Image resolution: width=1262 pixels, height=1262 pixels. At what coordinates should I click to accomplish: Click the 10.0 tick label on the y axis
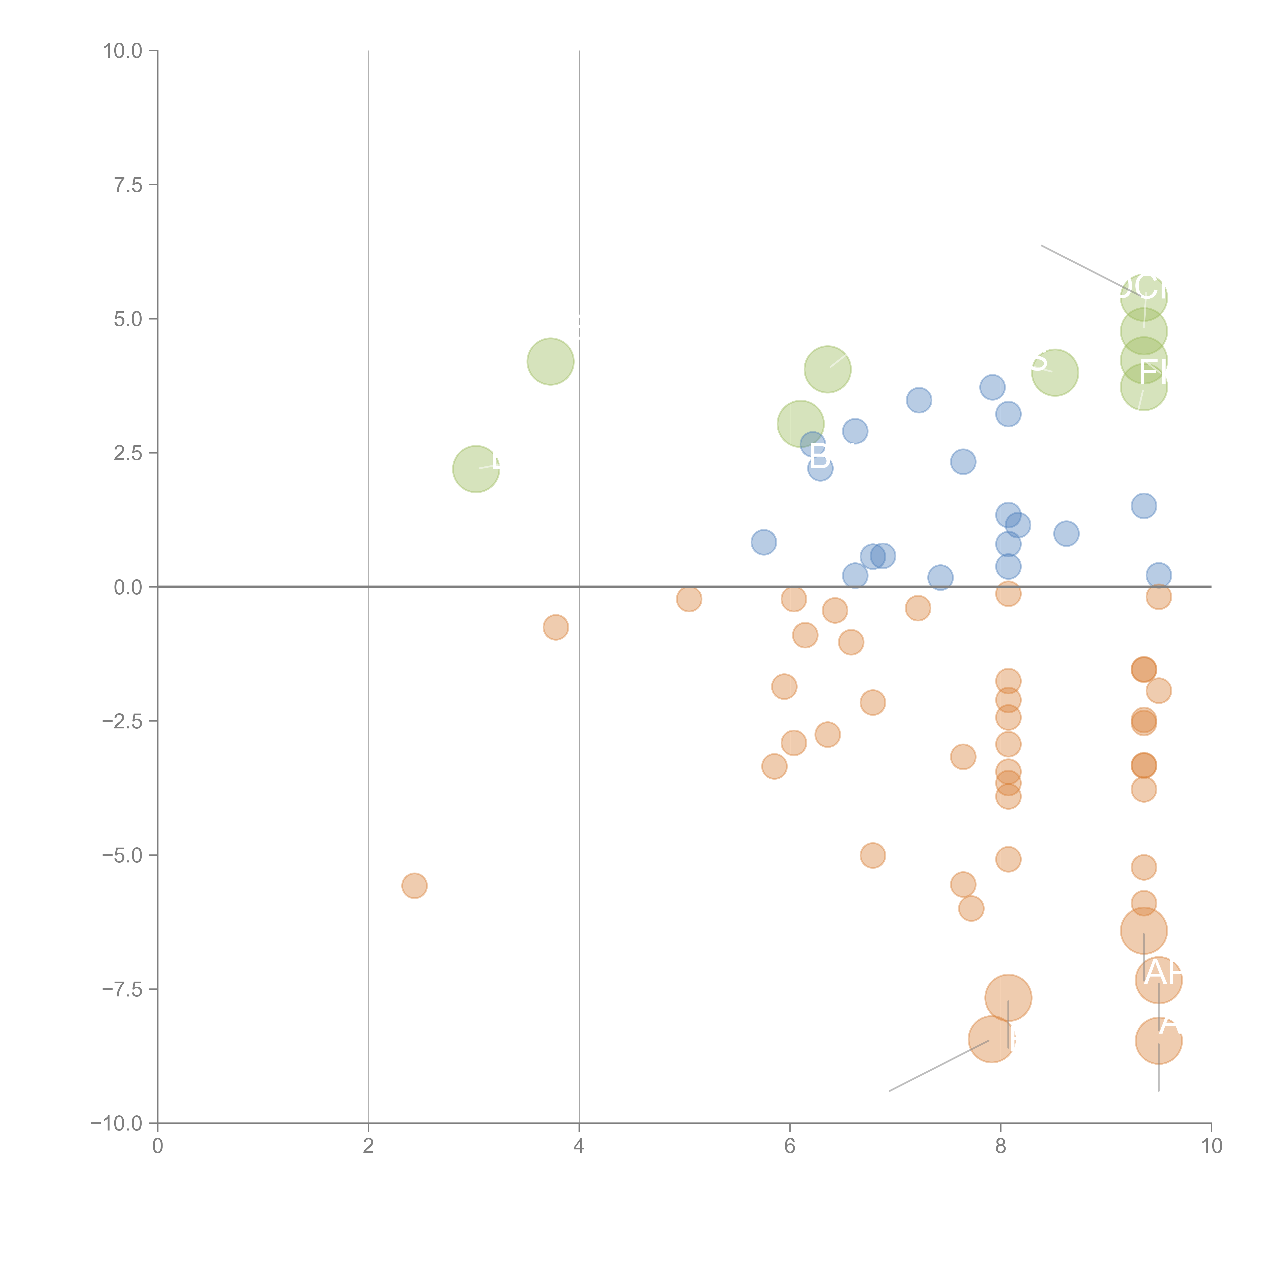tap(123, 51)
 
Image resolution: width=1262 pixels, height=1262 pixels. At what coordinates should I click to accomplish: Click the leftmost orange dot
tap(414, 886)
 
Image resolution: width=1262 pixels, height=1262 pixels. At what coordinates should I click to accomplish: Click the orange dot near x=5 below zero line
tap(689, 598)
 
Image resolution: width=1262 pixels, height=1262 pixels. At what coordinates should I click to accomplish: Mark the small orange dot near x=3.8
tap(555, 627)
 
